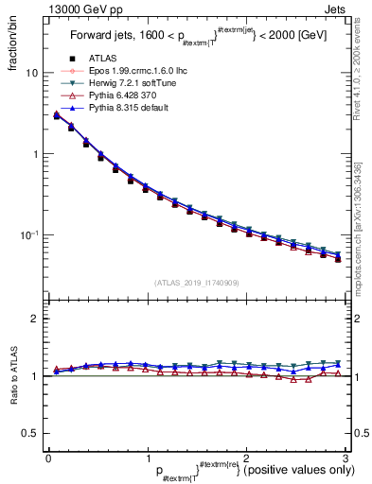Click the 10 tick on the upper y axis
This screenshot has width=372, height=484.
point(31,73)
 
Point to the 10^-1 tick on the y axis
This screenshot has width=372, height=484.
point(29,234)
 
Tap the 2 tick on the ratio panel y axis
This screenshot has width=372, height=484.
point(34,320)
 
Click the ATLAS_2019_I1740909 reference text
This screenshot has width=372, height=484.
point(196,283)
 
